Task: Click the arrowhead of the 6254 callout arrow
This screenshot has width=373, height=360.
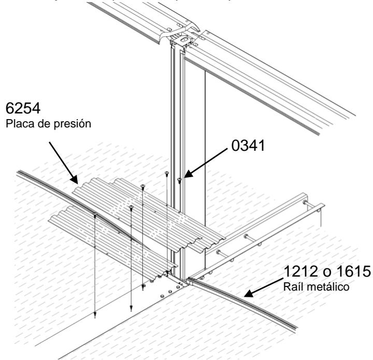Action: (78, 182)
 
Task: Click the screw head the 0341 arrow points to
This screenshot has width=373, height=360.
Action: (179, 180)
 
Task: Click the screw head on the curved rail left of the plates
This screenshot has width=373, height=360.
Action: (95, 213)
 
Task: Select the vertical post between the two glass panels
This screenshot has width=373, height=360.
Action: (176, 155)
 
